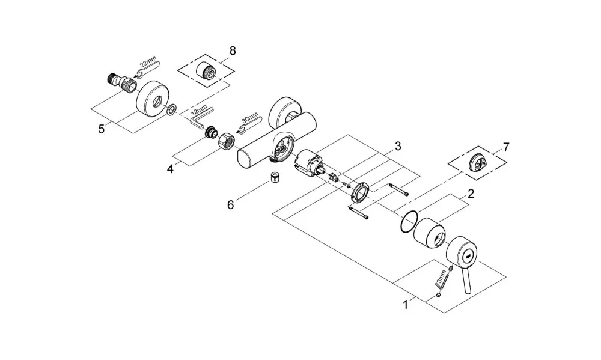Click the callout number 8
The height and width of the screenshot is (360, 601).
coord(232,50)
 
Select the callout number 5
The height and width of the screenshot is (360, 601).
coord(101,129)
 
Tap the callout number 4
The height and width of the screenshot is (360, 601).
coord(170,169)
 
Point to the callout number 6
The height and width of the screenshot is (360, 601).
coord(230,205)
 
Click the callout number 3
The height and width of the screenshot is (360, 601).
coord(398,146)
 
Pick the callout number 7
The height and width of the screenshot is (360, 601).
coord(506,147)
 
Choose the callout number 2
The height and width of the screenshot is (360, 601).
coord(471,194)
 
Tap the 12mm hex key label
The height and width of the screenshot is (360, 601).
coord(199,112)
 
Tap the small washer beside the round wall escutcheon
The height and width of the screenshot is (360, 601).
coord(172,109)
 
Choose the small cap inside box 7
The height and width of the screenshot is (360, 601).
coord(478,158)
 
